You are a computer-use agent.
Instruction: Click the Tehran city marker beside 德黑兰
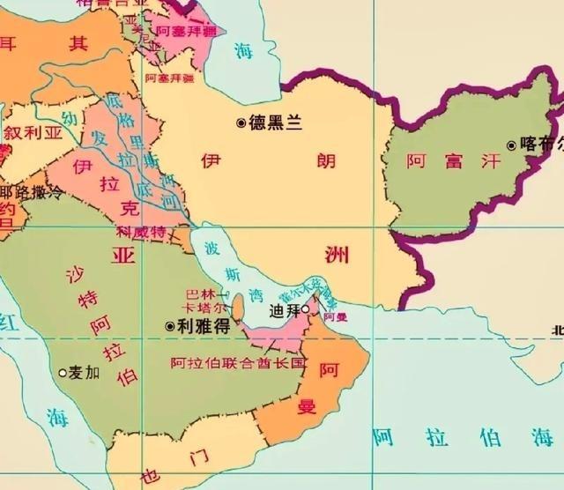pos(241,123)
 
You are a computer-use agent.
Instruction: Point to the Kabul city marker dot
pos(511,145)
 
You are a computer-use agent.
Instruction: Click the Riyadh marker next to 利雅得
pos(169,325)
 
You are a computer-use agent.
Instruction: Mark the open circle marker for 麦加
pos(63,373)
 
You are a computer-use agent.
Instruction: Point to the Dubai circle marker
pos(305,309)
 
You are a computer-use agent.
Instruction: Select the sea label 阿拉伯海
pos(438,437)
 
